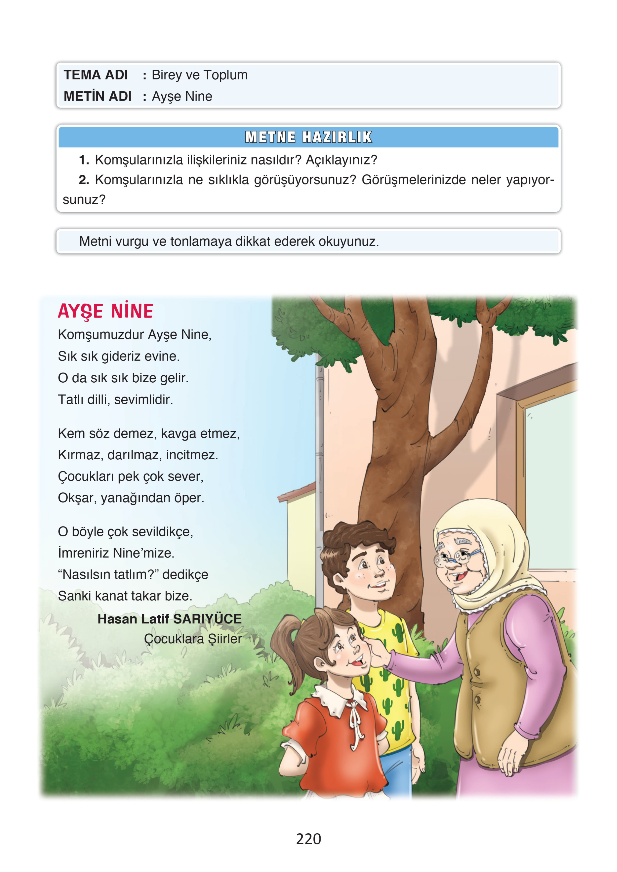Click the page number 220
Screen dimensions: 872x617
(x=308, y=838)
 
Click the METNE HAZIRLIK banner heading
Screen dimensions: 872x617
(x=308, y=137)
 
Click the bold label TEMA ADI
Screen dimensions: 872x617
(x=95, y=75)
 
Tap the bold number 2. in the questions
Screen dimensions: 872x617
(x=84, y=180)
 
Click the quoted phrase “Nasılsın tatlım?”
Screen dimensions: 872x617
(x=108, y=574)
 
